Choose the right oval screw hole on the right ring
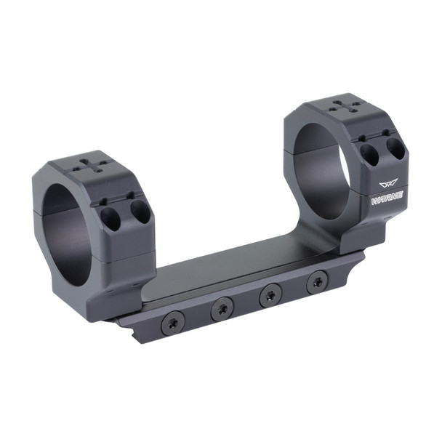pyautogui.click(x=395, y=148)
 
